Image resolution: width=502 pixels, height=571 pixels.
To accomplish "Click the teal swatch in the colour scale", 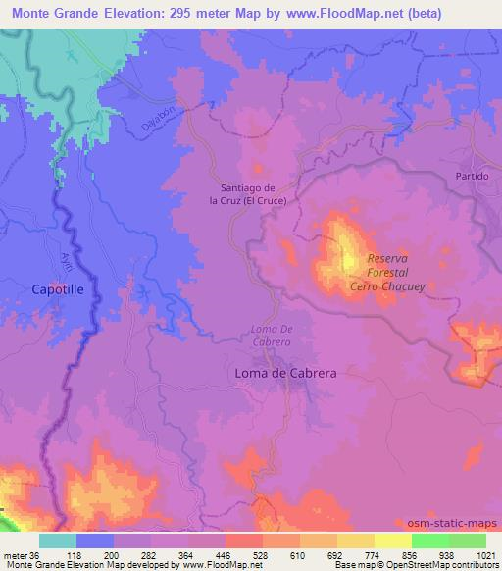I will pos(58,541).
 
